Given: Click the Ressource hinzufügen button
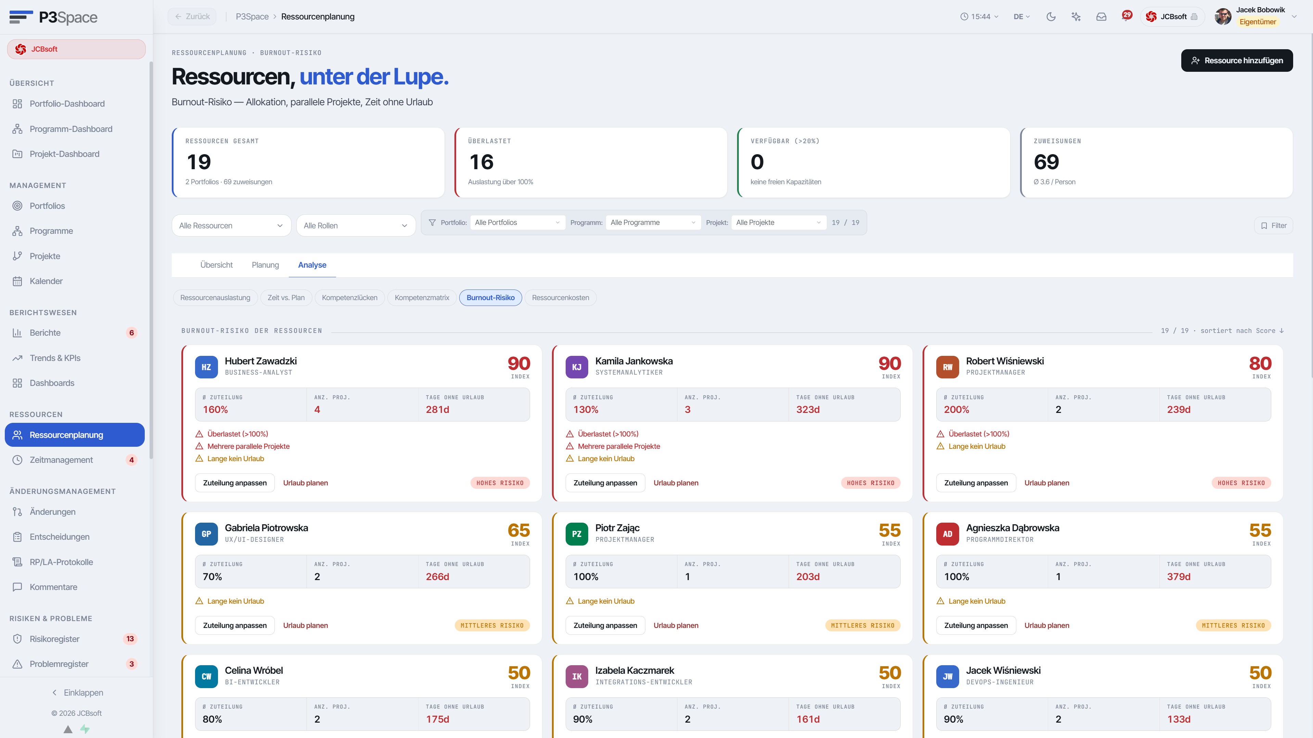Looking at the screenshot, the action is [x=1237, y=61].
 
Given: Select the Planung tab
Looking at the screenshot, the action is [x=265, y=265].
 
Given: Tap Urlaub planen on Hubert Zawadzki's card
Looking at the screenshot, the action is [x=305, y=483].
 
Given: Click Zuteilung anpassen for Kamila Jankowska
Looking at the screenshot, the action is [x=605, y=483].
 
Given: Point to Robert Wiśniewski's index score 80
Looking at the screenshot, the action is [x=1260, y=364].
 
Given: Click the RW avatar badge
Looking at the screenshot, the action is [x=947, y=367].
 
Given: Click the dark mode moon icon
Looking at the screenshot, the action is [x=1051, y=17].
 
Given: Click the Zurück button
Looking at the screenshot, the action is [x=192, y=17].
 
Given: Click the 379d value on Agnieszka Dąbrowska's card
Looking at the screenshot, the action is [x=1179, y=577].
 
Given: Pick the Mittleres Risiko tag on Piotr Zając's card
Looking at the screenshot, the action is [x=862, y=626].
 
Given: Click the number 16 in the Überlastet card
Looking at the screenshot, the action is [x=481, y=162].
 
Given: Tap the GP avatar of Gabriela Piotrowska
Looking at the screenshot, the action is [x=206, y=534].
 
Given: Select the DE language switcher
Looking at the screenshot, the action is [x=1021, y=17].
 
